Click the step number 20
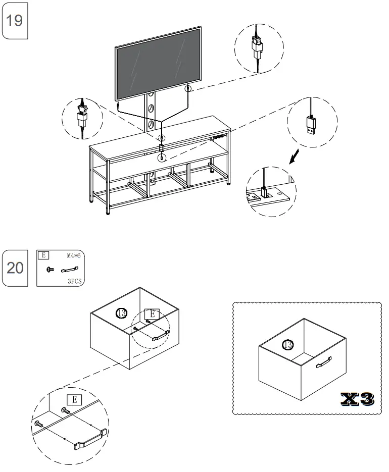click(x=15, y=268)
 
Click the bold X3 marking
click(x=357, y=398)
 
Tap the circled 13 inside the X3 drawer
click(x=287, y=345)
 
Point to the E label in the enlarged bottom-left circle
click(x=74, y=399)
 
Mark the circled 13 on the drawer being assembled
click(x=121, y=312)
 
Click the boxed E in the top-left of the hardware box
click(x=44, y=255)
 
